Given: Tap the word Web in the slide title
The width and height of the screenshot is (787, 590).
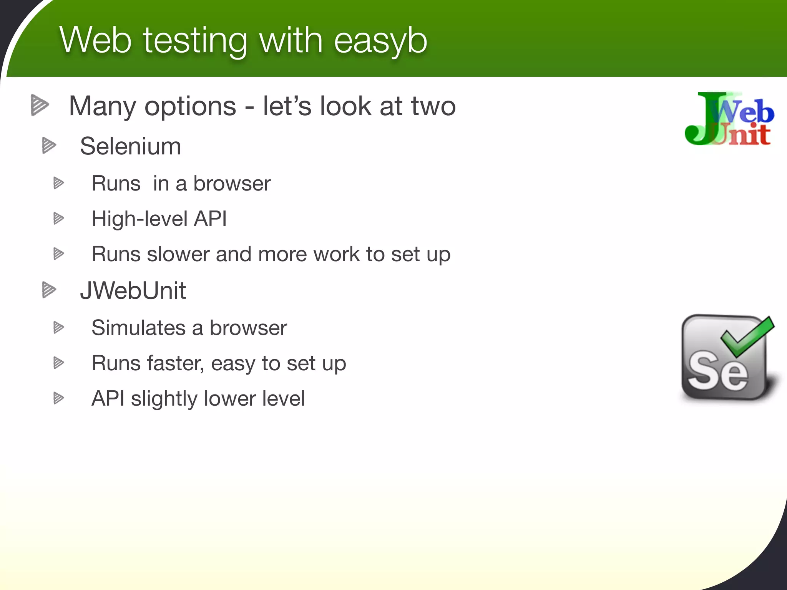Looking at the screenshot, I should (96, 40).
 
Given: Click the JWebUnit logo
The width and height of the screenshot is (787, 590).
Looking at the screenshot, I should (729, 119).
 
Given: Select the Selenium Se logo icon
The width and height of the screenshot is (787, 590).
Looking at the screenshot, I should (726, 359).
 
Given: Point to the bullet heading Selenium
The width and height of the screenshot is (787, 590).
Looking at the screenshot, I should (130, 146).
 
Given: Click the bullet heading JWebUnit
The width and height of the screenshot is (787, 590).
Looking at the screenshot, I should (133, 290).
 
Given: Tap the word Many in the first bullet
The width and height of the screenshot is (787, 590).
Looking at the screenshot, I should (102, 106).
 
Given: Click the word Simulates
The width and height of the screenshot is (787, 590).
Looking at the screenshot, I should (139, 328).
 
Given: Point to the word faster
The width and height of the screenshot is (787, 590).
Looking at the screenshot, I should (175, 363).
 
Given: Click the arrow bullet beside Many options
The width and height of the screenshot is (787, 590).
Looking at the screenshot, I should (40, 104).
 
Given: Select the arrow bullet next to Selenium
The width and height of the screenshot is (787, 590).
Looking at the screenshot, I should (49, 146).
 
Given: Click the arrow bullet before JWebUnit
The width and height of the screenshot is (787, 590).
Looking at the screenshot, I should (49, 290).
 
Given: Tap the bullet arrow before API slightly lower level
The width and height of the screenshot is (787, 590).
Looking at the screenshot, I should (58, 398).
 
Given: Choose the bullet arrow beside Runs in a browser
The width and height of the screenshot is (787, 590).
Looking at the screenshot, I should (58, 183).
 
